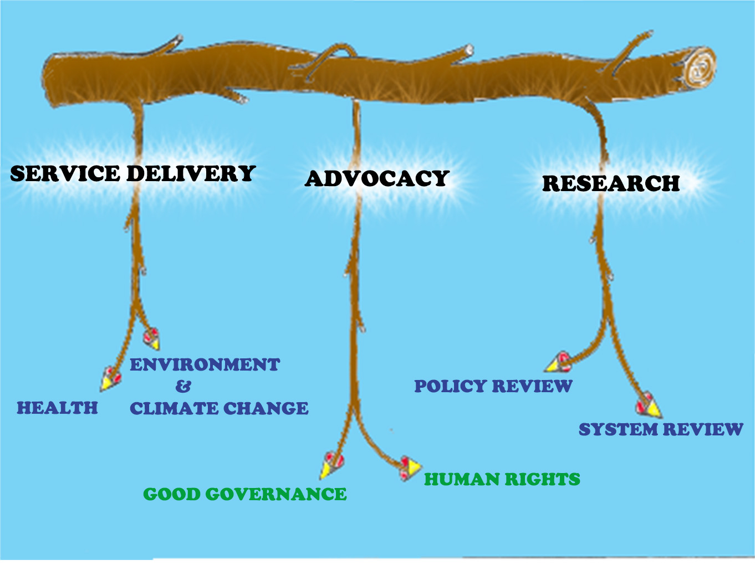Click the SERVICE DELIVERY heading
pos(132,174)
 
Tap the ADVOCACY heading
pos(377,178)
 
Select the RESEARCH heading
pos(611,183)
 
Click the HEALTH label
pos(57,408)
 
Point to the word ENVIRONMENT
pos(205,364)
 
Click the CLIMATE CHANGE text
pos(219,409)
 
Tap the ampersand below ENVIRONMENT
pos(183,386)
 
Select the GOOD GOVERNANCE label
pos(245,494)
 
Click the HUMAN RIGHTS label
pos(502,479)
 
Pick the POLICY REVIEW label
pos(493,386)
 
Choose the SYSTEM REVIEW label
pos(661,429)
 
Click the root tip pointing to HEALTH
pos(110,379)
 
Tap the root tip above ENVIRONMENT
pos(151,338)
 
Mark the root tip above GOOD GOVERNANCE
pos(332,465)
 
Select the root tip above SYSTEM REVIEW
pos(649,406)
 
